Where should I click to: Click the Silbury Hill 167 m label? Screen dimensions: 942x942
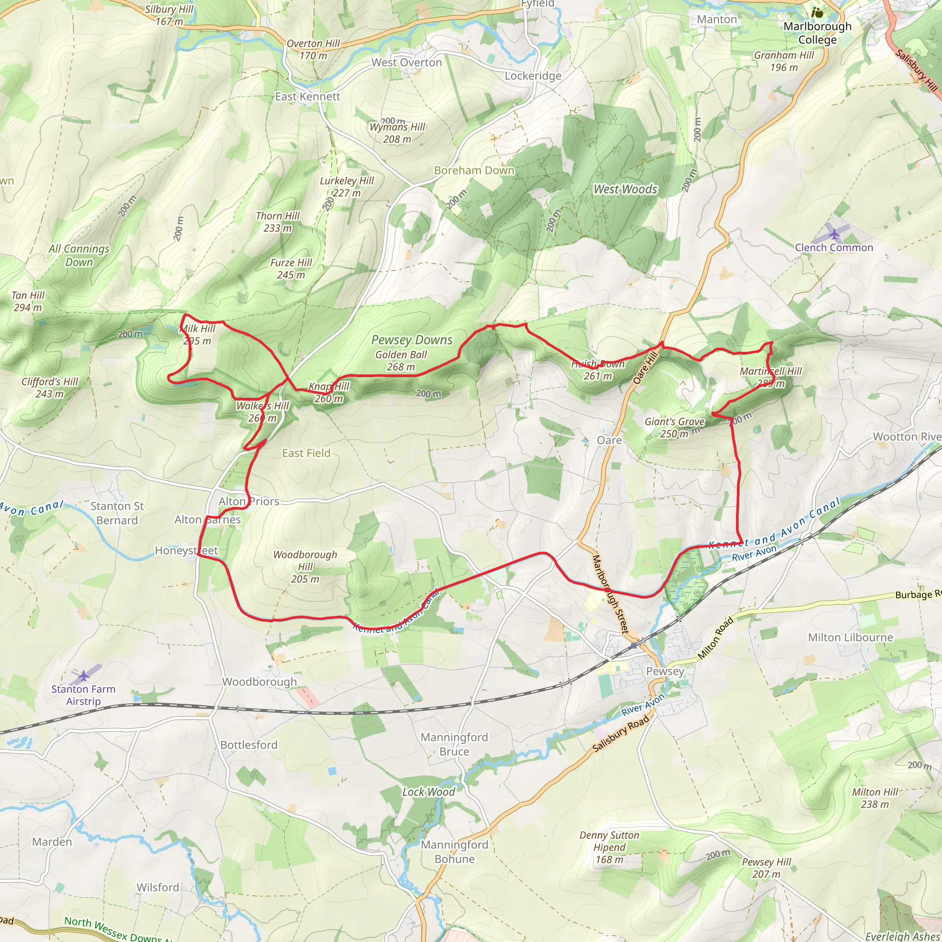[x=169, y=15]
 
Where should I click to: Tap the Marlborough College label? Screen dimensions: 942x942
[x=818, y=33]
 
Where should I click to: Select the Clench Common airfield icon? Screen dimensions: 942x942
[x=835, y=235]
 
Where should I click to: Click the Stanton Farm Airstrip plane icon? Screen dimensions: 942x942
[x=84, y=676]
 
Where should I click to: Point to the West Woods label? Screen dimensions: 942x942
[x=625, y=189]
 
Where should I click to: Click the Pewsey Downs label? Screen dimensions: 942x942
[x=412, y=340]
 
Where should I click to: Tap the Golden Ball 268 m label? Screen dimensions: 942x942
[x=401, y=361]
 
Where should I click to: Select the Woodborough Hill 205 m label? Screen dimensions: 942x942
[x=305, y=567]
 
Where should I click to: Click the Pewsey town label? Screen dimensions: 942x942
[x=665, y=672]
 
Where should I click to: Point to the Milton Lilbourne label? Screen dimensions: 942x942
[x=850, y=637]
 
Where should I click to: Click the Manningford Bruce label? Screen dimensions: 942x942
[x=454, y=744]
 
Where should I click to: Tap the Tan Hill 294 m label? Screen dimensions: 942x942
[x=28, y=301]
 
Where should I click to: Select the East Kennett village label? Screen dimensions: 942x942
[x=307, y=97]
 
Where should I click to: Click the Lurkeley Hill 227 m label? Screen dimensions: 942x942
[x=347, y=187]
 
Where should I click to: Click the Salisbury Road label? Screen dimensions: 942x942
[x=620, y=733]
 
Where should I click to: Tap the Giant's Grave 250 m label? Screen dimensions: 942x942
[x=674, y=428]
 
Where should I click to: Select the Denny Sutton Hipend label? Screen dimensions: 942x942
[x=609, y=847]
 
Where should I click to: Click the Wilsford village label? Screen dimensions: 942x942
[x=157, y=887]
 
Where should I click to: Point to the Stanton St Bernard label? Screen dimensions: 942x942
[x=117, y=513]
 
